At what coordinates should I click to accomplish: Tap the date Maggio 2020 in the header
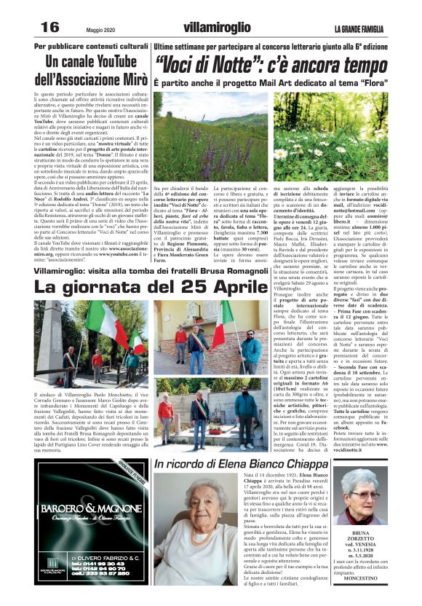pyautogui.click(x=89, y=28)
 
